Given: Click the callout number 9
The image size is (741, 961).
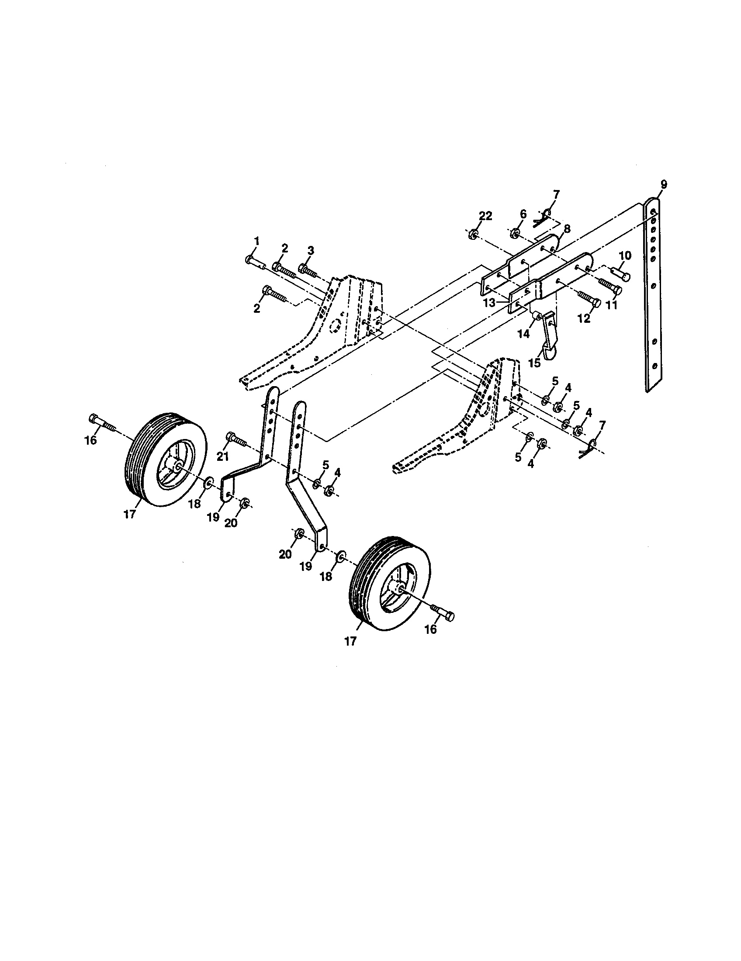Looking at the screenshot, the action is [x=664, y=185].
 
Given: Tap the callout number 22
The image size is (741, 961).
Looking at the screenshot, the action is [x=486, y=216].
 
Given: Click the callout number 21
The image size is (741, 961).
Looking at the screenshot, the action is [x=223, y=457].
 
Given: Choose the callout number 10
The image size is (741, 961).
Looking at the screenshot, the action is [x=625, y=255].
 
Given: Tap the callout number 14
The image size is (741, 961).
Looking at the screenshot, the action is [x=523, y=334].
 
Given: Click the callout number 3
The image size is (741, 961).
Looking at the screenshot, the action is [x=311, y=251].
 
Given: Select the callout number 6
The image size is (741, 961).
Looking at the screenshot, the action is [x=523, y=214].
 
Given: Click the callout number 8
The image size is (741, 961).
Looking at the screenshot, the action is [x=566, y=228].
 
